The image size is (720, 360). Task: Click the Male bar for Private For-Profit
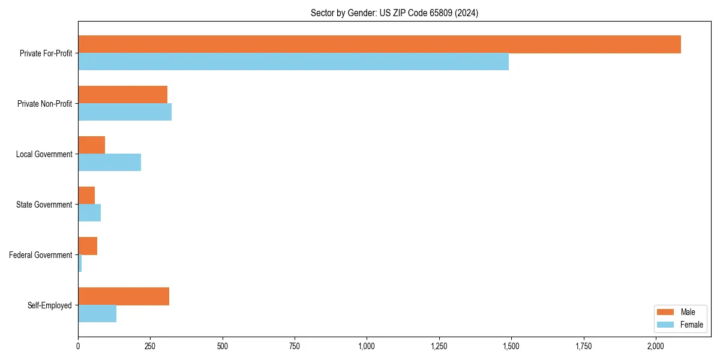[379, 44]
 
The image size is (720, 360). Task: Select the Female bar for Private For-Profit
[293, 62]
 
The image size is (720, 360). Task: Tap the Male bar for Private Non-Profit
[122, 95]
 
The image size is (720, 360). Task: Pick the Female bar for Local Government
[109, 163]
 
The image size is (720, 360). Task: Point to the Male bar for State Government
[86, 196]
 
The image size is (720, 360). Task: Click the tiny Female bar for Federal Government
[80, 263]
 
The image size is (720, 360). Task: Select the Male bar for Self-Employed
[124, 296]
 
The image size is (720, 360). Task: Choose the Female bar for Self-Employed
[97, 314]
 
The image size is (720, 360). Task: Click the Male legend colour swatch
[665, 312]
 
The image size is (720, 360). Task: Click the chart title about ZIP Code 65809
[394, 13]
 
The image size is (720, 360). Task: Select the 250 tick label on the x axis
[150, 346]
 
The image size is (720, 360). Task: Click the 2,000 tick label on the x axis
[656, 346]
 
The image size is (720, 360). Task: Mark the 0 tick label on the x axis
[78, 346]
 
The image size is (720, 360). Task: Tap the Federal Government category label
[41, 255]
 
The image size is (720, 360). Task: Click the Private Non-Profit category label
[44, 104]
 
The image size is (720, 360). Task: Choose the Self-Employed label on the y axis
[50, 305]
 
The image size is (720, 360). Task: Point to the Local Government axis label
[44, 154]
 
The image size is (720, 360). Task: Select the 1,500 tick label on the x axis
[511, 346]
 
